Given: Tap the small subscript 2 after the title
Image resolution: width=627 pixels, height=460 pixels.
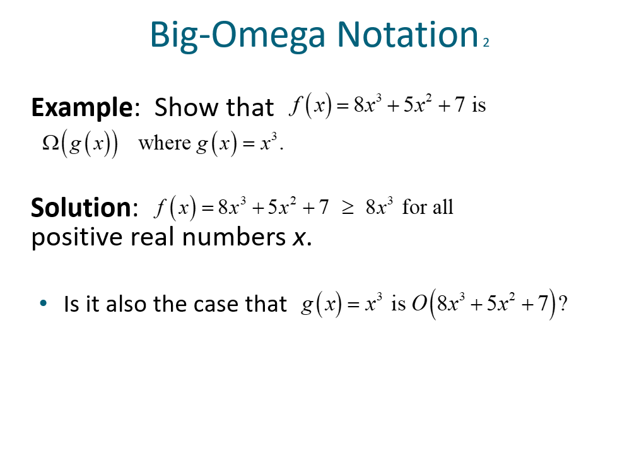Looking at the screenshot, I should [x=486, y=43].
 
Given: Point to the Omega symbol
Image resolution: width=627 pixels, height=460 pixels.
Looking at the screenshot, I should [x=50, y=143].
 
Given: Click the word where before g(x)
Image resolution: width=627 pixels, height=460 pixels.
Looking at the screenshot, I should [x=165, y=143].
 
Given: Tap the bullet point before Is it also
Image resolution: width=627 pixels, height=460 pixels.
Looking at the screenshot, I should [x=43, y=304].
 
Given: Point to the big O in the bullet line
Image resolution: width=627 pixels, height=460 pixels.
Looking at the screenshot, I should [x=419, y=304].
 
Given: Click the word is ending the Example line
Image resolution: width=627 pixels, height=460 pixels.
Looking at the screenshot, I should [x=479, y=105].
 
